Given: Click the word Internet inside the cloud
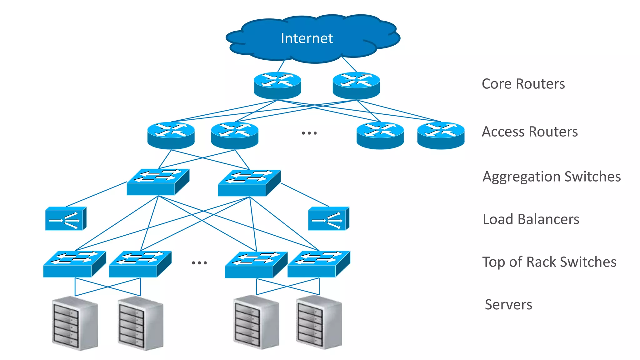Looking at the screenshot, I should pyautogui.click(x=307, y=38).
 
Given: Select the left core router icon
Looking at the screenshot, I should pyautogui.click(x=277, y=85).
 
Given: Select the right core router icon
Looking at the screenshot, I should pyautogui.click(x=356, y=85).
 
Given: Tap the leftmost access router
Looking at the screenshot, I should pyautogui.click(x=171, y=135).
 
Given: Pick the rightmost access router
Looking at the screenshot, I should pyautogui.click(x=441, y=135).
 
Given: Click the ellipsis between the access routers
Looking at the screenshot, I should pyautogui.click(x=309, y=133).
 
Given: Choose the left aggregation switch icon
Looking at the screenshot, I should pyautogui.click(x=158, y=182).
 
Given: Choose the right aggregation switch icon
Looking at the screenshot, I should pyautogui.click(x=249, y=183).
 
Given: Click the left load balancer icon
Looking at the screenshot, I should pyautogui.click(x=66, y=219).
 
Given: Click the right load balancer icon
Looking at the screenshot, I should pyautogui.click(x=328, y=219).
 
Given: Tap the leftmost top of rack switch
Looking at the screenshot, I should pyautogui.click(x=74, y=264).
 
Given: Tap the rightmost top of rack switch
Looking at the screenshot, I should pyautogui.click(x=319, y=264).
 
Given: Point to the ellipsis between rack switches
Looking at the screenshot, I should pyautogui.click(x=199, y=263).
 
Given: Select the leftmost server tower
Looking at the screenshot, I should pyautogui.click(x=75, y=323).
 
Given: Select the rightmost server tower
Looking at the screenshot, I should pyautogui.click(x=319, y=322).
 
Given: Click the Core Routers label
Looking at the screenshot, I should pyautogui.click(x=523, y=84).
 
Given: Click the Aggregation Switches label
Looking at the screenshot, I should pyautogui.click(x=552, y=177).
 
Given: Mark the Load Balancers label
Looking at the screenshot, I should pyautogui.click(x=531, y=219).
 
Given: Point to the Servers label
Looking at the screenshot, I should pyautogui.click(x=508, y=304).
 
